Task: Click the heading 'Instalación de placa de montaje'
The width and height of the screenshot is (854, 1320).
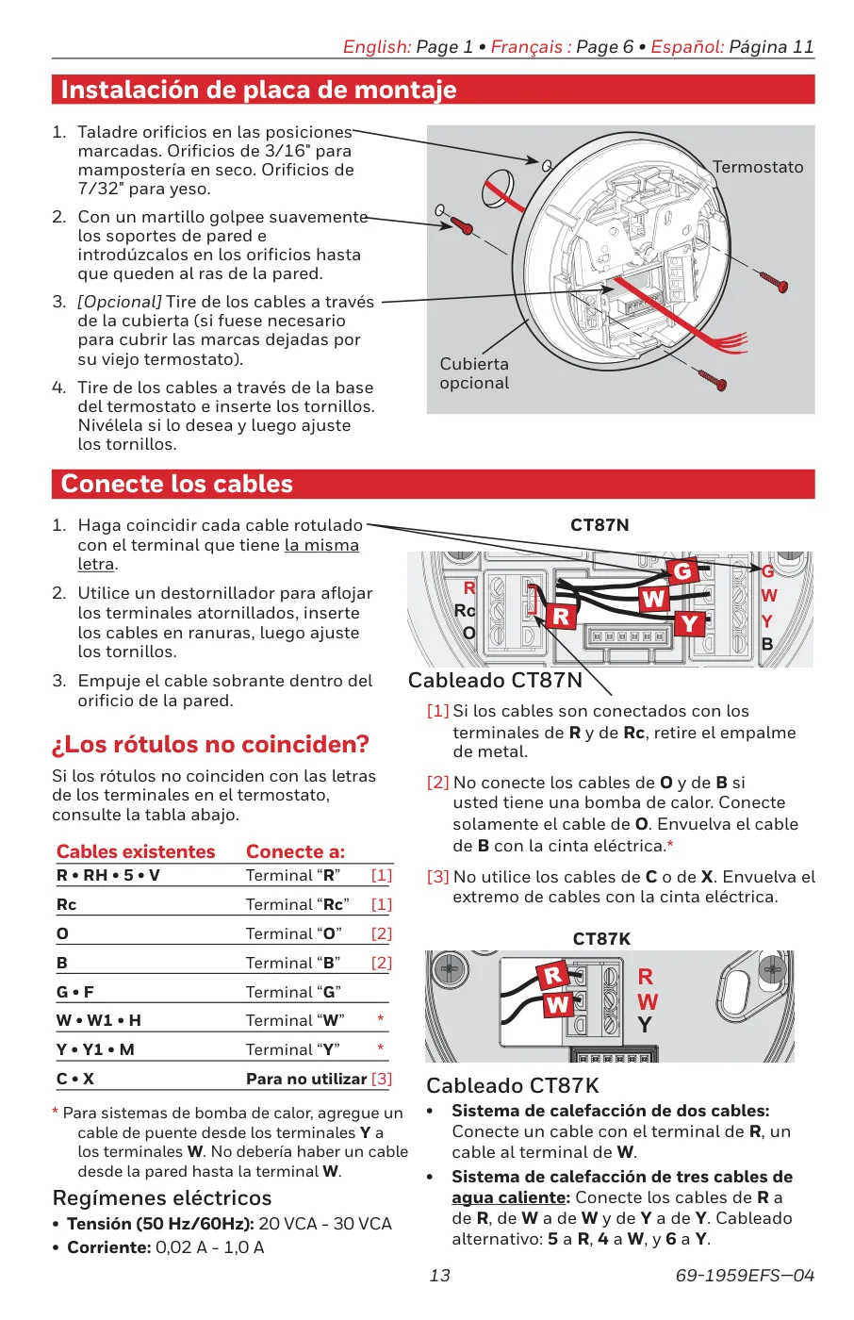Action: click(258, 90)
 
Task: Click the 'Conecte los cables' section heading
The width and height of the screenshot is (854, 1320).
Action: click(177, 484)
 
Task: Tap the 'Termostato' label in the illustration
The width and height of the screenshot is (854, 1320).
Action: click(758, 167)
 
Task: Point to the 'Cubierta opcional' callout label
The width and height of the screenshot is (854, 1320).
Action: click(474, 373)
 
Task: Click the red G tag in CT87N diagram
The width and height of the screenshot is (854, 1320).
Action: click(682, 570)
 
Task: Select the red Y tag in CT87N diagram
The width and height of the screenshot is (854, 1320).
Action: click(690, 623)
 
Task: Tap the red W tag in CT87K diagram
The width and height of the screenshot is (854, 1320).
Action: click(557, 1004)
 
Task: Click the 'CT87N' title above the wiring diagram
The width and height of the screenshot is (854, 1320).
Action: click(599, 525)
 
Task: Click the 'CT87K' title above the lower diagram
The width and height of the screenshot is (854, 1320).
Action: click(601, 939)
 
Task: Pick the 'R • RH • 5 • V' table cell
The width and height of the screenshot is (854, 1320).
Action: click(108, 875)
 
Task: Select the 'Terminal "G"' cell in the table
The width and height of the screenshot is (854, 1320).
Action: click(293, 992)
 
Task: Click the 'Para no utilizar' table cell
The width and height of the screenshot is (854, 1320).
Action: click(306, 1079)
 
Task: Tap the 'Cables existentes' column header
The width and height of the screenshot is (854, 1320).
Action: click(136, 851)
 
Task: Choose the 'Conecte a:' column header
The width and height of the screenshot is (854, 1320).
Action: click(295, 851)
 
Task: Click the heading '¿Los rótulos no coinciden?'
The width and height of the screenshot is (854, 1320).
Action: click(210, 745)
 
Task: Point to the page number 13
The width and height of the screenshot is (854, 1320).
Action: click(439, 1276)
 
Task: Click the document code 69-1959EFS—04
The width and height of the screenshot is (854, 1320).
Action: click(745, 1276)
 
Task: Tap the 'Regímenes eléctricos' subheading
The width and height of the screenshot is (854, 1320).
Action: click(162, 1198)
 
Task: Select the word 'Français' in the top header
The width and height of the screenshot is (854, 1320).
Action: click(526, 47)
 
